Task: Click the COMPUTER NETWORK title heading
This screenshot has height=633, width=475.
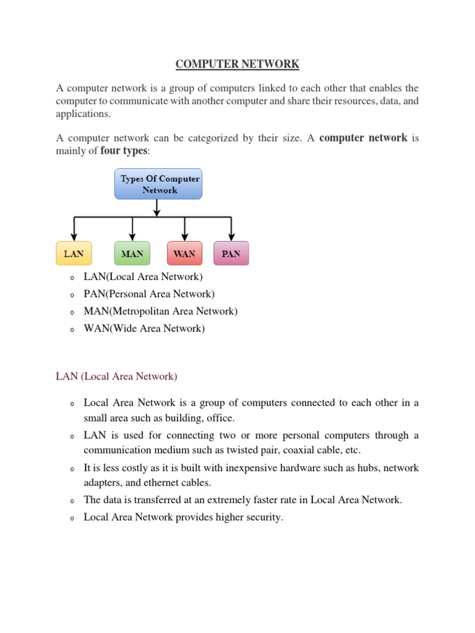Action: point(237,64)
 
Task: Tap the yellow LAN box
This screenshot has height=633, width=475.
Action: point(74,253)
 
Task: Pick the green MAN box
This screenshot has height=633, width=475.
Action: point(132,253)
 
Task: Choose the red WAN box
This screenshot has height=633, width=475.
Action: point(184,253)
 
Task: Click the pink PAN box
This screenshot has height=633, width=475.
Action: point(231,253)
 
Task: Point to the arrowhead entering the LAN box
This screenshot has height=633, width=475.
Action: point(74,237)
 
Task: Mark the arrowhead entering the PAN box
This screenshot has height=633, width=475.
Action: point(231,237)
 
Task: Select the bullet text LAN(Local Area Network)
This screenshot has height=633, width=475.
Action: point(143,277)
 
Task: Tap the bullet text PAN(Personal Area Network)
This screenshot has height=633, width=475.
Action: point(149,294)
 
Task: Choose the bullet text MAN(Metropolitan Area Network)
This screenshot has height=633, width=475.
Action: point(160,312)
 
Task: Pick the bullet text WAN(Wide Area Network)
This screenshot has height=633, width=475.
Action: point(144,329)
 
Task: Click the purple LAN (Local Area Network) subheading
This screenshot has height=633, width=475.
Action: point(116,376)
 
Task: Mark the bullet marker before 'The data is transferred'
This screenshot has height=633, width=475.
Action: point(72,501)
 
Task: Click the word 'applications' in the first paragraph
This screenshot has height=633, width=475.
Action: point(83,114)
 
